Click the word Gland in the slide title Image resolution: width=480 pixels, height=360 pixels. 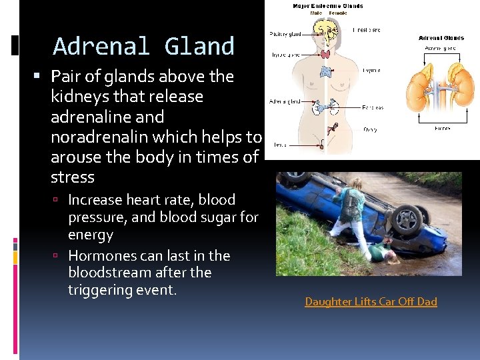point(199,47)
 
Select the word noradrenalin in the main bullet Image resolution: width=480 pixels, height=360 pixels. point(101,137)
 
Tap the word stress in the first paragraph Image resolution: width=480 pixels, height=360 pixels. point(73,177)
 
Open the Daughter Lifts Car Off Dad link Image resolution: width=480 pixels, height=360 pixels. point(371,302)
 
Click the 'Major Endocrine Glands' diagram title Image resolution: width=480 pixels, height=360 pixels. point(328,6)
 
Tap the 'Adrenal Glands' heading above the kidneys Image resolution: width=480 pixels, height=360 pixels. point(441,38)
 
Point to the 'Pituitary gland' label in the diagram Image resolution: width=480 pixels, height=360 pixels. point(285,33)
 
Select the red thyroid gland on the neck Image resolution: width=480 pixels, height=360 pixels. point(325,54)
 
